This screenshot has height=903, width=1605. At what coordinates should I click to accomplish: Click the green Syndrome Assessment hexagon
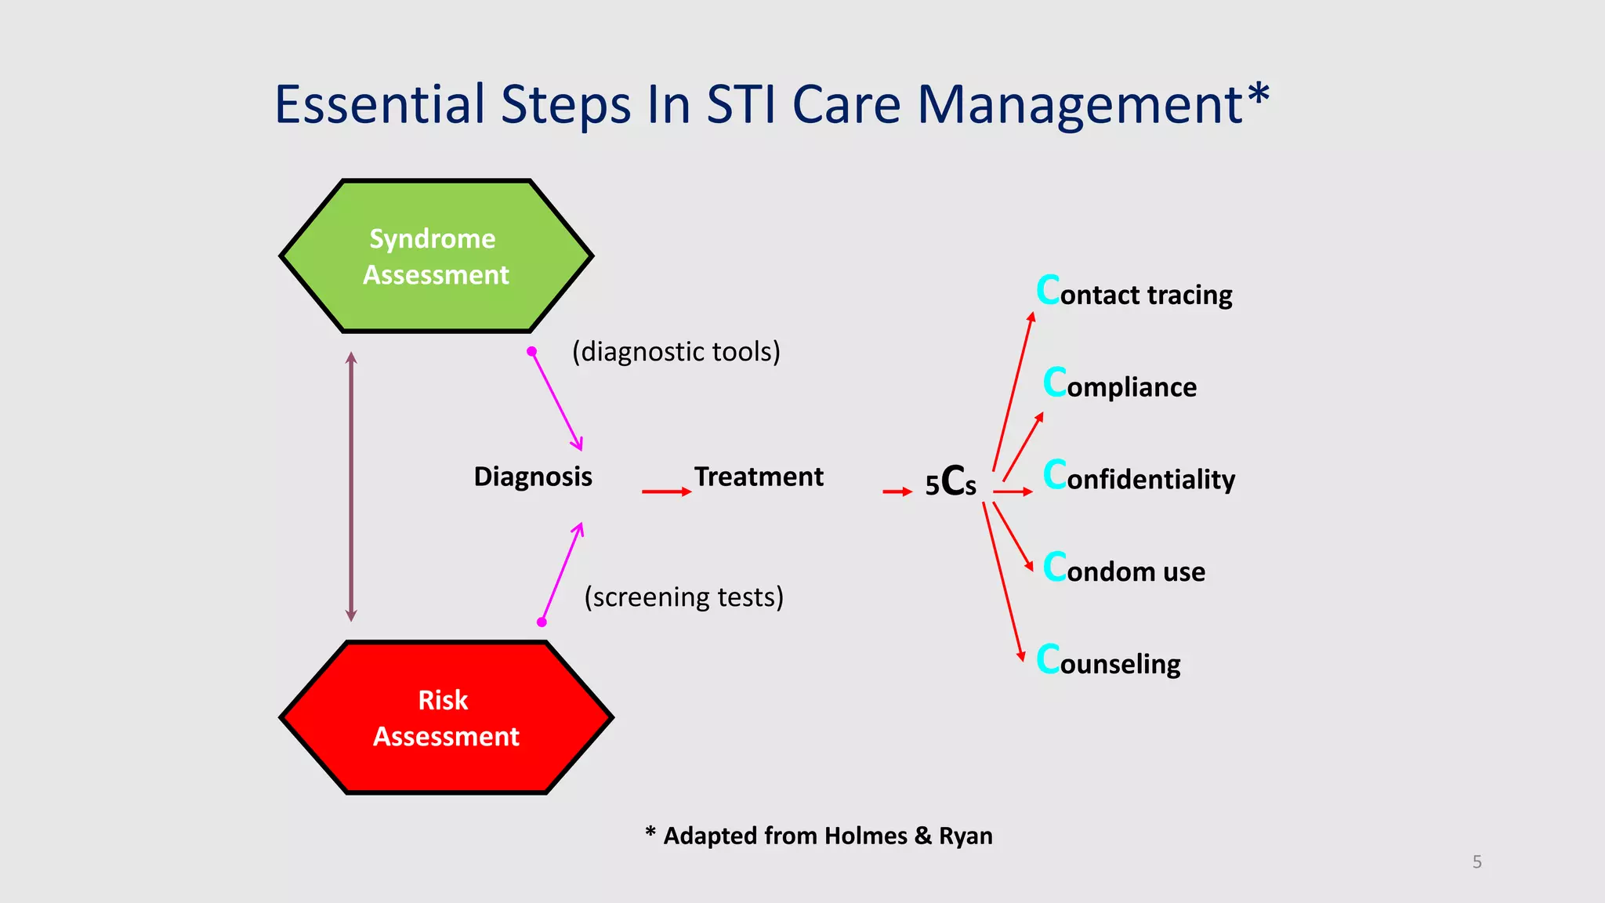pos(436,256)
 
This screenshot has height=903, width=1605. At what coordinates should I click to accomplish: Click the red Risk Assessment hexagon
pos(446,718)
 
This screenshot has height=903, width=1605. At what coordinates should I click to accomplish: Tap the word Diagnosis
pos(533,477)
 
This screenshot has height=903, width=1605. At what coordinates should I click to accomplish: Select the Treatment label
pos(759,477)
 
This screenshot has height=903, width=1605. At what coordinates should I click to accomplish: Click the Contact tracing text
pos(1134,293)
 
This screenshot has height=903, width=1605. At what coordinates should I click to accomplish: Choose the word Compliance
pos(1120,385)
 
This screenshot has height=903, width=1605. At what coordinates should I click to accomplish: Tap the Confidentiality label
pos(1139,477)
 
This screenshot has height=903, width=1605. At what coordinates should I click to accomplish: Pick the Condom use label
pos(1124,570)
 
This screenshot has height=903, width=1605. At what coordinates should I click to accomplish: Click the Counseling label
pos(1108,662)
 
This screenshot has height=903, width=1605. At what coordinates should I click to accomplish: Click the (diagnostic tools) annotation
pos(676,352)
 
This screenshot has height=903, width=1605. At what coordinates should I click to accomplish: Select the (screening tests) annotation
pos(683,597)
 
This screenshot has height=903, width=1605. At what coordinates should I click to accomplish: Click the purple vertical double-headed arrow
pos(351,486)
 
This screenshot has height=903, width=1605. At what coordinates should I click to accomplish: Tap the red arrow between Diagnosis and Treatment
pos(665,491)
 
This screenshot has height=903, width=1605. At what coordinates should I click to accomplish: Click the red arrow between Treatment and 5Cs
pos(897,491)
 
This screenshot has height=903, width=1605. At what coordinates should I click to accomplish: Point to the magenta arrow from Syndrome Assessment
pos(556,401)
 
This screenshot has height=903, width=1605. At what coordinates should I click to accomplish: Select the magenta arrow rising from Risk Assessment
pos(562,572)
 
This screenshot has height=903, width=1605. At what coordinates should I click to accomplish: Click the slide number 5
pos(1476,862)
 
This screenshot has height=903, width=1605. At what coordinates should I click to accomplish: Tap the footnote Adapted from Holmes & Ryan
pos(819,836)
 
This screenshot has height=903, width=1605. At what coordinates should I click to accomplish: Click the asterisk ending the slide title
pos(1258,96)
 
